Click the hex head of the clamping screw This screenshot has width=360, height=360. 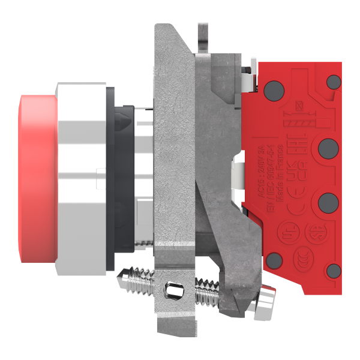pos(267,299)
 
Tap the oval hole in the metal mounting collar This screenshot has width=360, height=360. pos(174,292)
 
